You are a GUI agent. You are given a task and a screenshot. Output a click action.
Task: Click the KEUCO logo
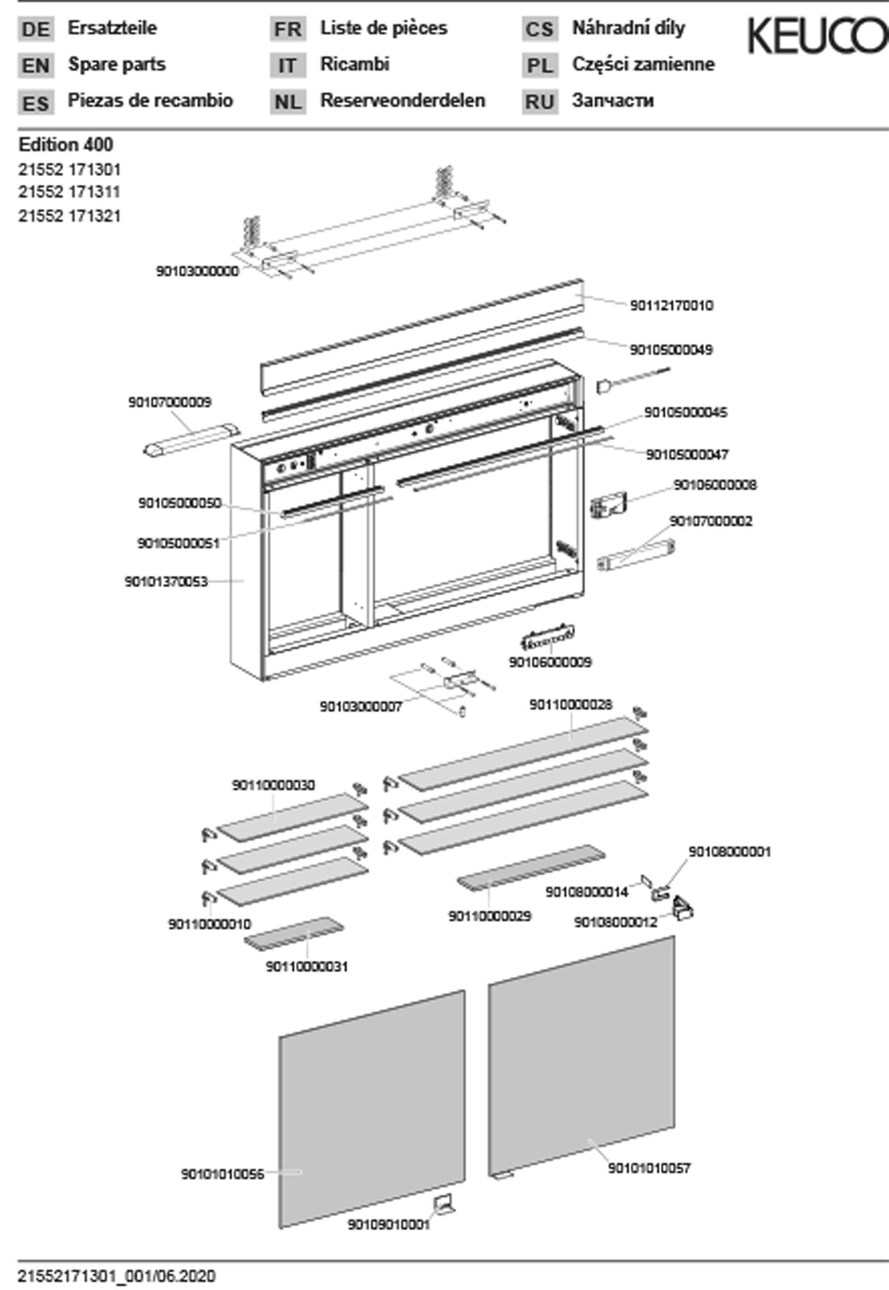pos(817,36)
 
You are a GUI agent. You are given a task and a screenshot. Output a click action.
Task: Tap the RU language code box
pos(540,102)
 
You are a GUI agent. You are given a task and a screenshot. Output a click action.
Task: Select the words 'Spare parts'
pos(117,64)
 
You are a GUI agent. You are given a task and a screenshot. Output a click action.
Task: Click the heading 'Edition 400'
pos(66,145)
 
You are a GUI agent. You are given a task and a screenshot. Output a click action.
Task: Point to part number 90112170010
pos(671,306)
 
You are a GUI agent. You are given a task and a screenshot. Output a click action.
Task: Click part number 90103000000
pos(197,271)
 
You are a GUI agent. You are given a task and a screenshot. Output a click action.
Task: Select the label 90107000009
pos(170,402)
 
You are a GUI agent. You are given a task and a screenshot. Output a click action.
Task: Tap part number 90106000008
pos(715,485)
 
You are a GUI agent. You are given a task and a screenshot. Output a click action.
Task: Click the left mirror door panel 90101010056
pos(372,1108)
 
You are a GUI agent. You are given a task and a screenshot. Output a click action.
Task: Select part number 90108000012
pos(615,922)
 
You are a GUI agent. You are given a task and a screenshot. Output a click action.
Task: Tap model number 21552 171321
pos(70,216)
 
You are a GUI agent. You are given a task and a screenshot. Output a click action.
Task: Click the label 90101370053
pos(166,582)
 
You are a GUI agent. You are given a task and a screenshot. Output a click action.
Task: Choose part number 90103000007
pos(360,706)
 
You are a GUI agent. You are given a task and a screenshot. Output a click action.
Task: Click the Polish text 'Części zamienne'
pos(643,64)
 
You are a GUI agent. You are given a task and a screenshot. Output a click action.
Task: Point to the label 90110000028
pos(570,705)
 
